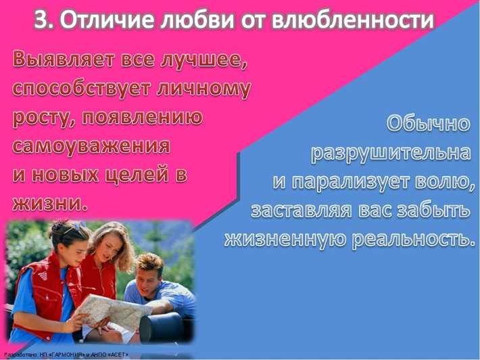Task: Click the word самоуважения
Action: (91, 145)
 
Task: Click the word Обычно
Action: (428, 124)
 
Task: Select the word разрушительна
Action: (390, 152)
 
